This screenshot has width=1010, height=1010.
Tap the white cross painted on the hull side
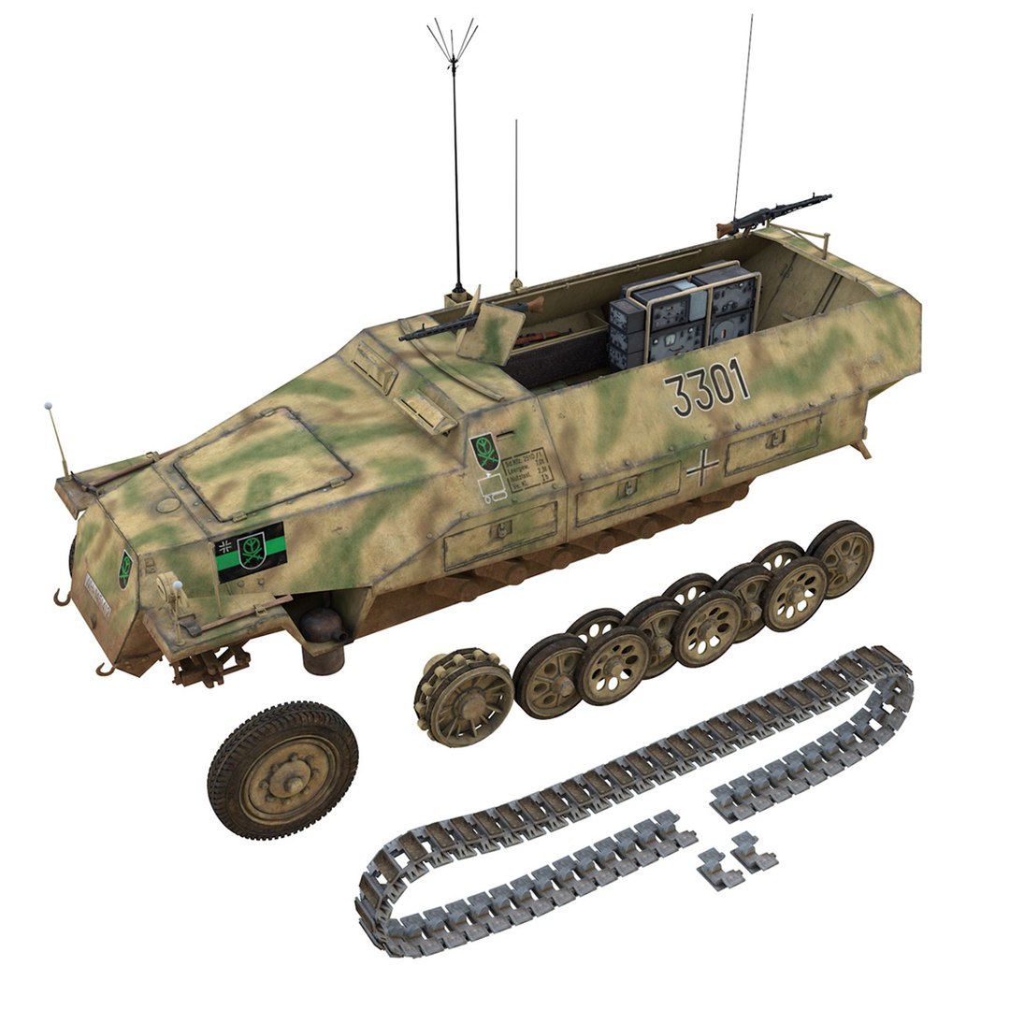point(702,467)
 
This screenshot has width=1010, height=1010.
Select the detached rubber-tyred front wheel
point(281,770)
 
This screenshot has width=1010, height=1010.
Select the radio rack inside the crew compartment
point(683,315)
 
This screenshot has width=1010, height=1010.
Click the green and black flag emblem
point(250,552)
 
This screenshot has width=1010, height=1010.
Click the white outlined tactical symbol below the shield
point(493,487)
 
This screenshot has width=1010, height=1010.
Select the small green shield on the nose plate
point(124,568)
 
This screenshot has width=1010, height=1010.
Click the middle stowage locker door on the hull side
point(626,490)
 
